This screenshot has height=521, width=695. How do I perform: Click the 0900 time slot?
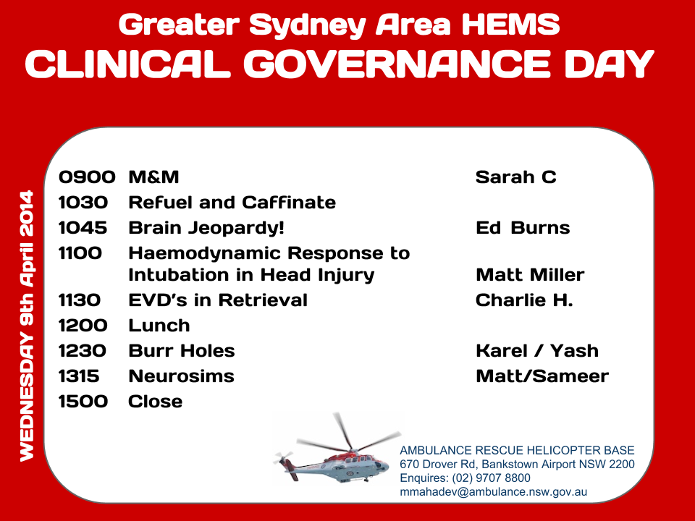[x=87, y=177]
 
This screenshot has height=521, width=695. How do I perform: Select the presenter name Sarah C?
[x=516, y=177]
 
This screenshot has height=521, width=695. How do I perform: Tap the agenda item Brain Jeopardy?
[x=206, y=229]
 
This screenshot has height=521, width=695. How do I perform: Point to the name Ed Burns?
[x=523, y=228]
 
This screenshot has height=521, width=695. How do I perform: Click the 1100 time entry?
[x=80, y=253]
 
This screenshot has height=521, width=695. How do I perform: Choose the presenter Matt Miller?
[x=530, y=275]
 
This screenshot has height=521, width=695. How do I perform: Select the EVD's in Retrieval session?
[x=218, y=300]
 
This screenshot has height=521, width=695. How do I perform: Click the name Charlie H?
[x=524, y=300]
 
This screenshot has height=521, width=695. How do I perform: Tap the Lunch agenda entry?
[x=159, y=326]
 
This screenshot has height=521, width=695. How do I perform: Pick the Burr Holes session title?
[x=182, y=351]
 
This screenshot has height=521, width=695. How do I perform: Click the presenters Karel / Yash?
[x=537, y=351]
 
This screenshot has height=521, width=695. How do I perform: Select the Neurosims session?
[x=181, y=376]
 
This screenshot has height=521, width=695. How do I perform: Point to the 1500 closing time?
[x=83, y=402]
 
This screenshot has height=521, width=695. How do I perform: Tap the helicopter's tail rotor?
[x=283, y=457]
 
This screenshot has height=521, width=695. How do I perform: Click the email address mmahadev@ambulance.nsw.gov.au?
[x=493, y=492]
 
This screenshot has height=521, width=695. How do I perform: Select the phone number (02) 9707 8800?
[x=491, y=478]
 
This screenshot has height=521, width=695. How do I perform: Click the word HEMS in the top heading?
[x=510, y=25]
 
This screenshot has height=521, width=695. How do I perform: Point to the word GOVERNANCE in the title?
[x=397, y=64]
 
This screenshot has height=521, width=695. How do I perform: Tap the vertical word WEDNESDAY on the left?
[x=27, y=397]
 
